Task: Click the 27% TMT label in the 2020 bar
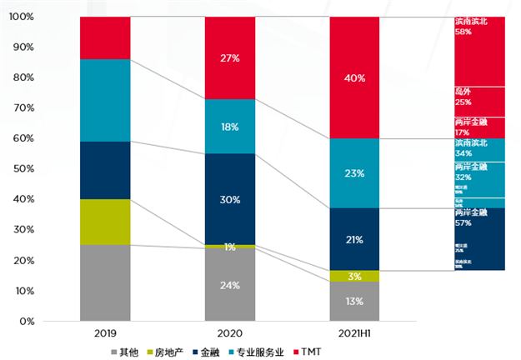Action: [230, 58]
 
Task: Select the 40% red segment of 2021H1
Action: [355, 77]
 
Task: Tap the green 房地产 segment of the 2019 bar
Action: [105, 222]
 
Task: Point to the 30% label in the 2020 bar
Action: [230, 200]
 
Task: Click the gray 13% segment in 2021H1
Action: [355, 301]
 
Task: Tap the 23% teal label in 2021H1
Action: [355, 174]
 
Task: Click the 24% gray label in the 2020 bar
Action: [230, 285]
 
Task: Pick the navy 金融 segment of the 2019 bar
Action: [105, 170]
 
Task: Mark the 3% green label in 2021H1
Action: [355, 276]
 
